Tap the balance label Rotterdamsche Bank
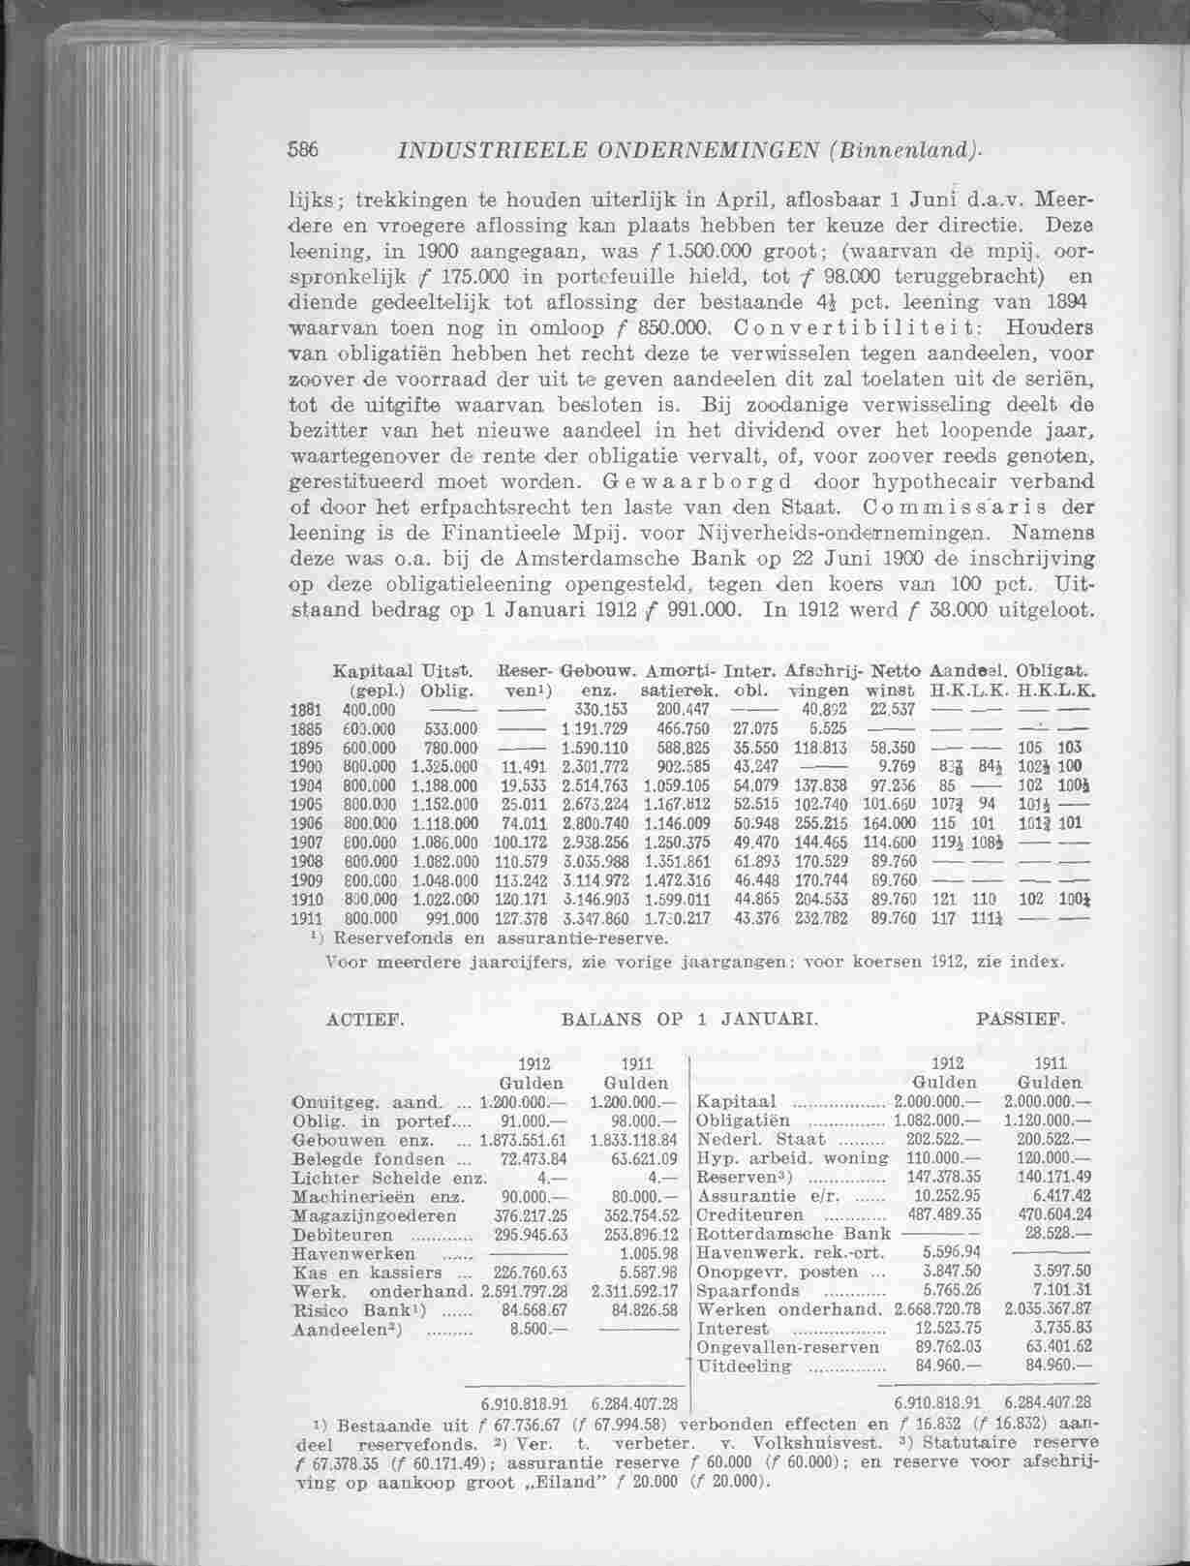click(793, 1234)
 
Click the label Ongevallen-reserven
click(787, 1347)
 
